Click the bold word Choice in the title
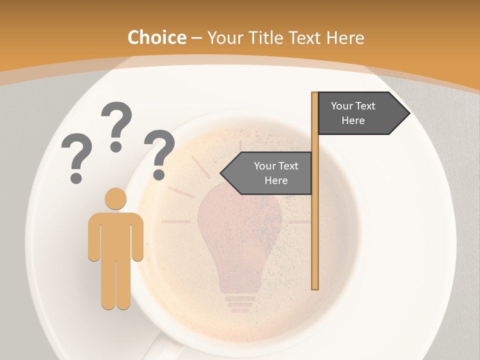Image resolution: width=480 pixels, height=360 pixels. click(x=156, y=38)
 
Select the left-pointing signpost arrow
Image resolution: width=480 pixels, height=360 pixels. click(x=267, y=173)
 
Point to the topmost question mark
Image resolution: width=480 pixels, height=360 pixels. click(x=116, y=125)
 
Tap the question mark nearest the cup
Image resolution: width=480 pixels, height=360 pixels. click(x=159, y=153)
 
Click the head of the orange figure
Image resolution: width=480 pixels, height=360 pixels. click(x=115, y=199)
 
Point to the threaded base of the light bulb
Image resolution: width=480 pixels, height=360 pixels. click(x=240, y=302)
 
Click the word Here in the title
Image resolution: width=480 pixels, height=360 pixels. click(x=345, y=38)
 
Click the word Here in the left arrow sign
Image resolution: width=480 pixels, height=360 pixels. click(x=276, y=180)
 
